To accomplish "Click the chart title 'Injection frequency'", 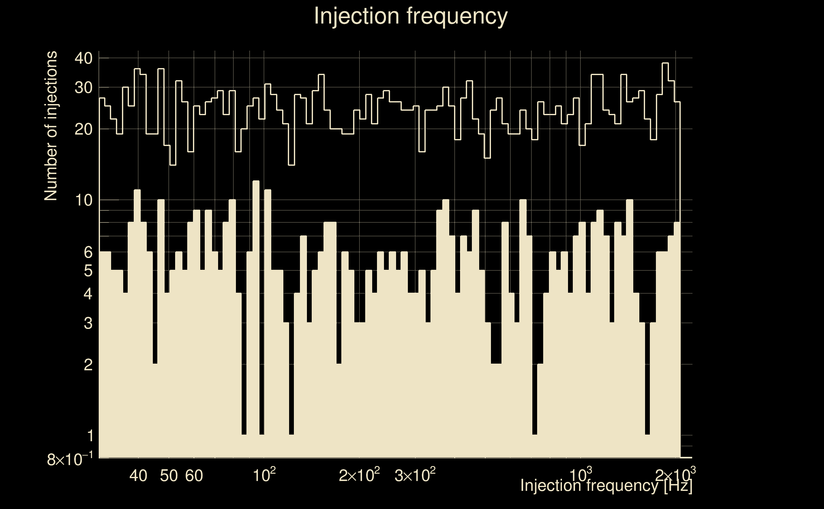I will pos(410,16).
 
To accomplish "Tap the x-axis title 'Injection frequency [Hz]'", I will pos(606,485).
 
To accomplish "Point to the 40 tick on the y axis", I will pos(83,59).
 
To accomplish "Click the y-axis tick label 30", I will pos(83,88).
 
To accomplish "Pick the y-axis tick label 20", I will pos(83,129).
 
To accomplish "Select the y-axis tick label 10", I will pos(83,200).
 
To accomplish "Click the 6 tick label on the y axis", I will pos(88,252).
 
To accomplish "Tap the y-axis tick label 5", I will pos(88,271).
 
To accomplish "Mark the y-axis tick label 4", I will pos(88,294).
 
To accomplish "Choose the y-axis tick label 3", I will pos(88,323).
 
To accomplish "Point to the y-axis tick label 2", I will pos(88,365).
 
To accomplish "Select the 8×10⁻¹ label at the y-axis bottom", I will pos(69,459).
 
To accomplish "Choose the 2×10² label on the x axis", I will pos(359,475).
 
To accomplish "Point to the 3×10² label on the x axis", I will pos(415,475).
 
